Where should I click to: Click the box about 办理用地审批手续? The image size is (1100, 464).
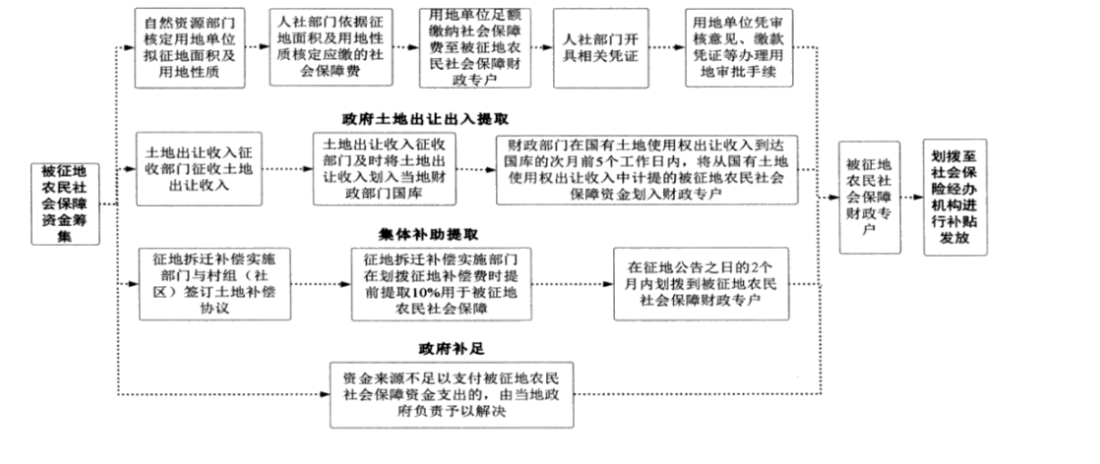click(x=734, y=48)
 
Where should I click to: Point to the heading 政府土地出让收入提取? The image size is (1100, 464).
click(x=425, y=118)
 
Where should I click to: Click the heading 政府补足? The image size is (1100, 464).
click(x=452, y=347)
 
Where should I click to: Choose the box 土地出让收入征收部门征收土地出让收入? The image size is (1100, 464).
click(x=200, y=169)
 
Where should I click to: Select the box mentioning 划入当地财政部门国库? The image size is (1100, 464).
click(x=382, y=169)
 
